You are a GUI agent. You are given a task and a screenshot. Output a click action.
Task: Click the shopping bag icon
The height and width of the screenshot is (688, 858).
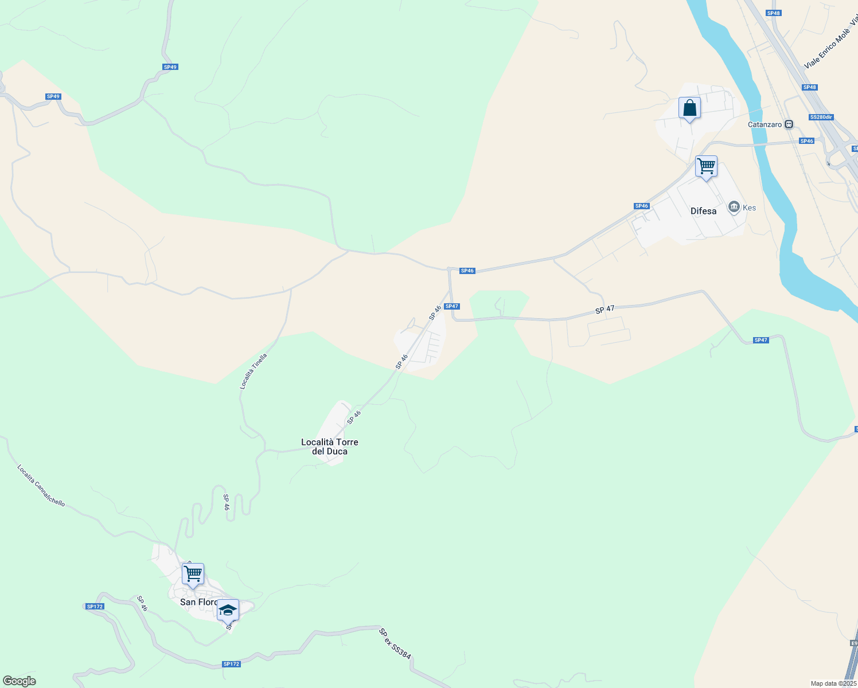coord(689,108)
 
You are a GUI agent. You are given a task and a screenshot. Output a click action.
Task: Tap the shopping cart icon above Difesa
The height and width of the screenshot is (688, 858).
coord(706,166)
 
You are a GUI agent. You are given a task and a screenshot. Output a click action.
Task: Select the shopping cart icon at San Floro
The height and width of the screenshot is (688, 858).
coord(193,574)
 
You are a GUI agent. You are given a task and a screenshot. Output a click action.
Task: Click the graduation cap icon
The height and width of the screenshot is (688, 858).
coord(228,610)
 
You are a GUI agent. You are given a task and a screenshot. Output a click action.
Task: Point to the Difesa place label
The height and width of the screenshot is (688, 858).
coord(703,211)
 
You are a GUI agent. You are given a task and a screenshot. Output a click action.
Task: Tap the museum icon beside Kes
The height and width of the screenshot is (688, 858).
coord(734,207)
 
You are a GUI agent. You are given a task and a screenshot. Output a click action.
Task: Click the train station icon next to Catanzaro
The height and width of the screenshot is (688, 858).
coord(789,124)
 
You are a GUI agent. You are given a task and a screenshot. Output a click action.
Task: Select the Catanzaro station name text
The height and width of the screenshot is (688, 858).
coord(765,124)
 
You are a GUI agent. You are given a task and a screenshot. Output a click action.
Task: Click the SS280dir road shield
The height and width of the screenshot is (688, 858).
coord(821,117)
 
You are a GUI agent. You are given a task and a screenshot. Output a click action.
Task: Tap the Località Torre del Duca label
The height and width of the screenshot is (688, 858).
coord(330,447)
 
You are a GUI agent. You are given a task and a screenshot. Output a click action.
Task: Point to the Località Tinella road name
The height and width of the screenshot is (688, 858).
coord(253,372)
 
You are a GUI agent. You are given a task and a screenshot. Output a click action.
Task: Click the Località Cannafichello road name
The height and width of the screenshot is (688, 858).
coord(41,486)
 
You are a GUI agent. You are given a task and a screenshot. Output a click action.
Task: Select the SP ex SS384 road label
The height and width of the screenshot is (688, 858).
coord(395,643)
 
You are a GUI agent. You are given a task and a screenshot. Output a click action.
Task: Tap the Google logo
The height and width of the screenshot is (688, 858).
coord(19,681)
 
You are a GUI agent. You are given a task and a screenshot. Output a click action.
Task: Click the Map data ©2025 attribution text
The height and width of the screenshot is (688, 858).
coord(833,683)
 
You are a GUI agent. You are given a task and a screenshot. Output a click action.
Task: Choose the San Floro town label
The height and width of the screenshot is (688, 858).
coord(198,602)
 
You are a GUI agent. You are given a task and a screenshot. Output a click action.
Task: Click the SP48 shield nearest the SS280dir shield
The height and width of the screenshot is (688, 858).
coord(810,87)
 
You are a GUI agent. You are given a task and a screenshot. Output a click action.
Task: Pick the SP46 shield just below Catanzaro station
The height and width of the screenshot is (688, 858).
coord(806,141)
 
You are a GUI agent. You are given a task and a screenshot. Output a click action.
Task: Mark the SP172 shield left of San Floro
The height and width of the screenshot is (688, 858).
coord(95,607)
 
